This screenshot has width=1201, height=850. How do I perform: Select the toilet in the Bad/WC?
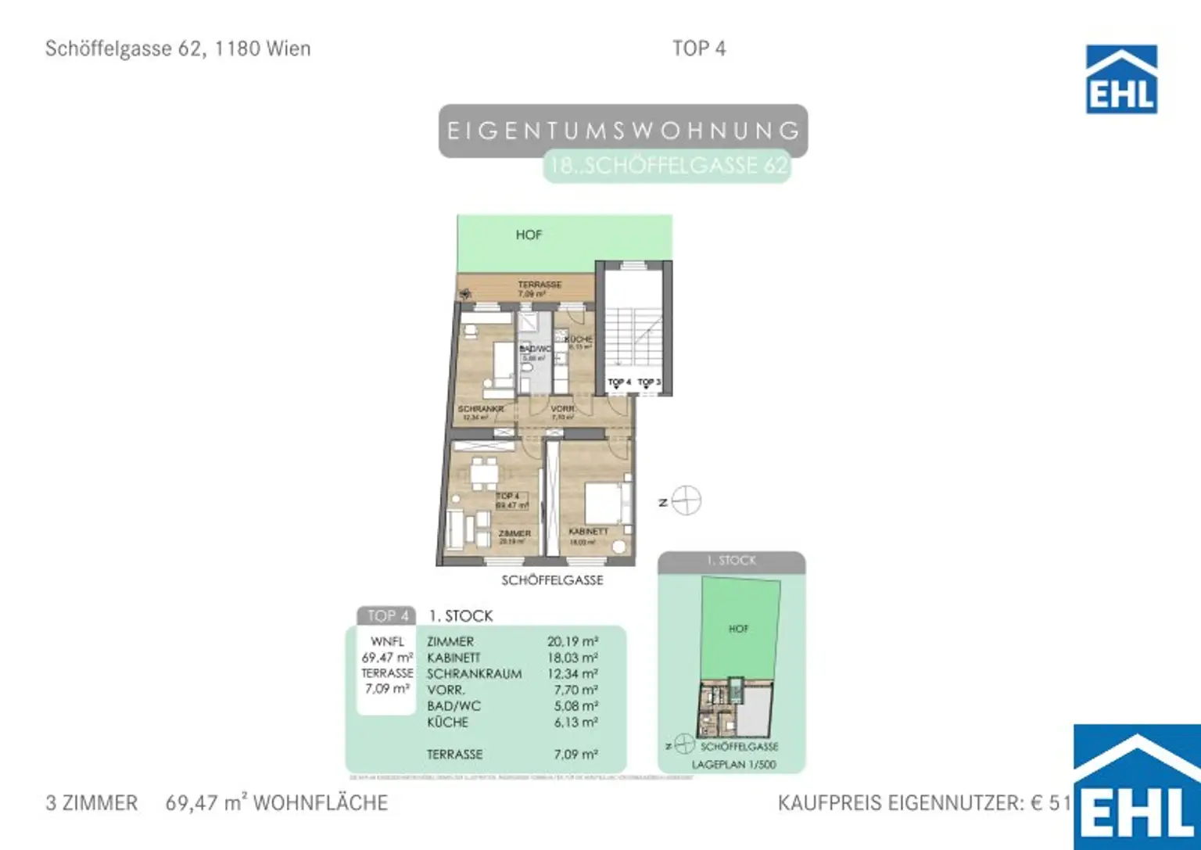click(527, 367)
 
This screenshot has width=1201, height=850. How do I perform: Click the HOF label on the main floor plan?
click(529, 235)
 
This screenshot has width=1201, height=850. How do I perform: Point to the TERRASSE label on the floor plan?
click(540, 285)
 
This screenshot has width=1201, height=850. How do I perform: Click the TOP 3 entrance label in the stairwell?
click(648, 382)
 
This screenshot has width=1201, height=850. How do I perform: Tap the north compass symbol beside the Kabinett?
click(686, 500)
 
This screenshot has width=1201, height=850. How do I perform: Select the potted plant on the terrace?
click(466, 294)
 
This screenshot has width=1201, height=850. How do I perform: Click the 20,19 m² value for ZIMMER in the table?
click(572, 642)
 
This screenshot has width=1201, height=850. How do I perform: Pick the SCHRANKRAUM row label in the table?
click(474, 674)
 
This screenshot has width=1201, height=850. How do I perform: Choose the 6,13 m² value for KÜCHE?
click(575, 723)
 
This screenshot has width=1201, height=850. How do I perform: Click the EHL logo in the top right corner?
click(1121, 79)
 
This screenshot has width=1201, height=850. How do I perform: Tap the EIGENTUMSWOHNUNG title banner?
click(622, 131)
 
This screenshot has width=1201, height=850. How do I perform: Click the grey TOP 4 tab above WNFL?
click(388, 616)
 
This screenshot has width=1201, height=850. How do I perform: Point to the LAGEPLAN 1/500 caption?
click(733, 765)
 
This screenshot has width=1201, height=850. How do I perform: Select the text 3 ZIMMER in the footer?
click(91, 803)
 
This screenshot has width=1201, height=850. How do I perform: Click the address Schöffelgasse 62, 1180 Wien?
click(178, 48)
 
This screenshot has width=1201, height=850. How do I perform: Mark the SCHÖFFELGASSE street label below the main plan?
click(552, 580)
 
